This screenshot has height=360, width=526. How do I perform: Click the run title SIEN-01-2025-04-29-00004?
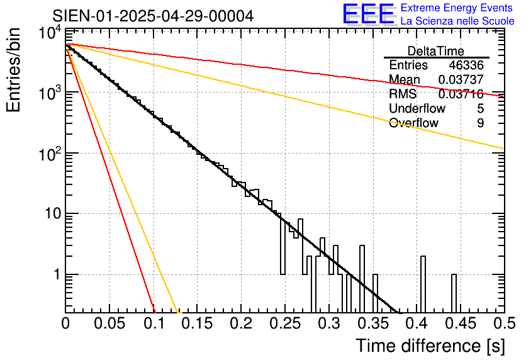(x=153, y=16)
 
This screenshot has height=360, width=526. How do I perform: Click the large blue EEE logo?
(x=369, y=14)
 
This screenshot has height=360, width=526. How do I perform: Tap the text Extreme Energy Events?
(x=457, y=8)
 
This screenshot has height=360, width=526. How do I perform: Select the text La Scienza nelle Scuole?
(x=457, y=21)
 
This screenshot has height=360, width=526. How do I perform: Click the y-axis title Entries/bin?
(x=13, y=70)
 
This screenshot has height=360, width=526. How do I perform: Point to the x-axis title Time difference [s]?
(x=430, y=346)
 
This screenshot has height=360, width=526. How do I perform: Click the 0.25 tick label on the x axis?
(x=285, y=323)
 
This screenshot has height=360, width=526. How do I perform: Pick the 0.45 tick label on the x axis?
(x=461, y=323)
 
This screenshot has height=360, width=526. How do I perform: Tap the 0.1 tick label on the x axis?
(x=154, y=323)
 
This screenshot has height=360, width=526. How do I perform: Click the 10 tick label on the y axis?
(x=53, y=214)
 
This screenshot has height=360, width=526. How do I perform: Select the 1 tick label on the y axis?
(x=57, y=274)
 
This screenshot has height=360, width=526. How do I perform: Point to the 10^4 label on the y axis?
(x=50, y=33)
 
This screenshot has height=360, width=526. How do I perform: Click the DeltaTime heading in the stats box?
(x=436, y=51)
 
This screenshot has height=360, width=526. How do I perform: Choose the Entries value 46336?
(x=466, y=65)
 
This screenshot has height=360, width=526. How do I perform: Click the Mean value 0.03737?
(x=461, y=79)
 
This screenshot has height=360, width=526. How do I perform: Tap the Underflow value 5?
(x=480, y=108)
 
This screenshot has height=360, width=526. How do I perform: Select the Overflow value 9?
(x=480, y=123)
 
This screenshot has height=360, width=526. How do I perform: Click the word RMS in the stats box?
(x=403, y=94)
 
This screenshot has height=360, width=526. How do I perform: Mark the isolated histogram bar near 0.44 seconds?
(x=454, y=293)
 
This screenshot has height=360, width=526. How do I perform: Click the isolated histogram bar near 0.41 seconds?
(x=423, y=284)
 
